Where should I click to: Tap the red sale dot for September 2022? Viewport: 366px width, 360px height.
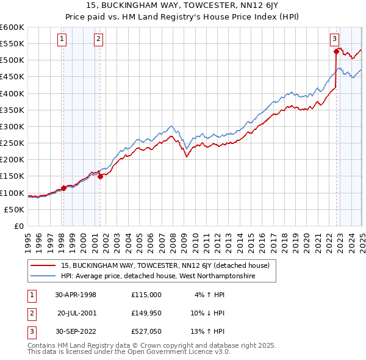point(336,51)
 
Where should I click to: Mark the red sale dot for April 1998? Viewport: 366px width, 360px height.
point(63,188)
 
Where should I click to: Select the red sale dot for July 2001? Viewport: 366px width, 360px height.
point(100,176)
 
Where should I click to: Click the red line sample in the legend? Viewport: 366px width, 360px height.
point(43,265)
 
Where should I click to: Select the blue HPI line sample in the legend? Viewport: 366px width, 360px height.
point(43,276)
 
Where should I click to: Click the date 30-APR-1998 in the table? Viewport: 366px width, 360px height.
point(76,295)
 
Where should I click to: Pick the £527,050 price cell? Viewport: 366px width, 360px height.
point(146,333)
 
